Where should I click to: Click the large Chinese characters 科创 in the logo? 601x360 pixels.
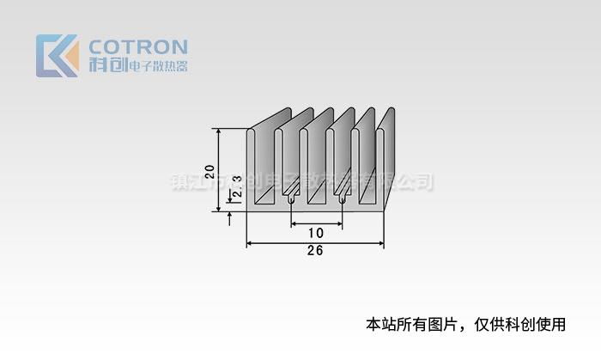point(106,66)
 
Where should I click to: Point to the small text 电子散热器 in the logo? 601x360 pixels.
point(157,66)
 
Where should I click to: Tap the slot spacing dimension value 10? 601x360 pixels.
point(315,233)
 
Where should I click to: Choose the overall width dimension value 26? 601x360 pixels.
point(314,252)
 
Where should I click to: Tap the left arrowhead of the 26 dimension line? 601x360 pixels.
point(251,244)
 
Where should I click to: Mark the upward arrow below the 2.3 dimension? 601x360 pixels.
point(230,217)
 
